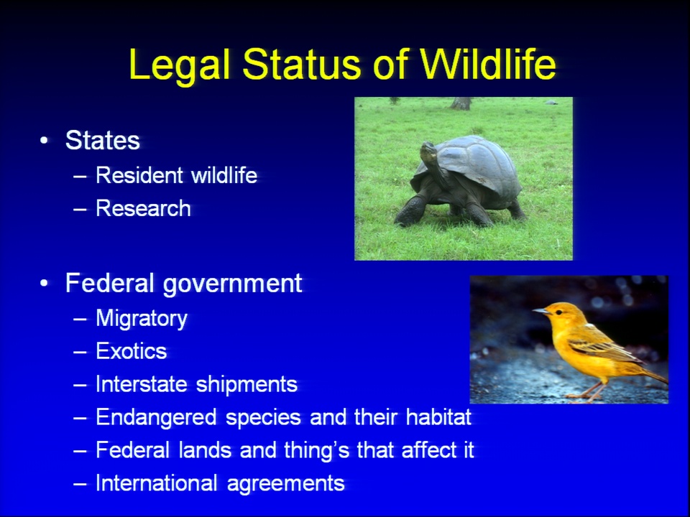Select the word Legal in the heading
click(180, 66)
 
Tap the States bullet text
click(103, 140)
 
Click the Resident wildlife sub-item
click(177, 175)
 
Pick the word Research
click(144, 208)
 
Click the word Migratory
click(142, 319)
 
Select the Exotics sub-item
click(132, 351)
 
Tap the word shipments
click(247, 385)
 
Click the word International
click(157, 483)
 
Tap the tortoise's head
click(429, 151)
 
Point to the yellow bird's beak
click(540, 311)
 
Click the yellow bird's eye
click(559, 312)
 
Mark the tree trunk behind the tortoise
click(461, 103)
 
